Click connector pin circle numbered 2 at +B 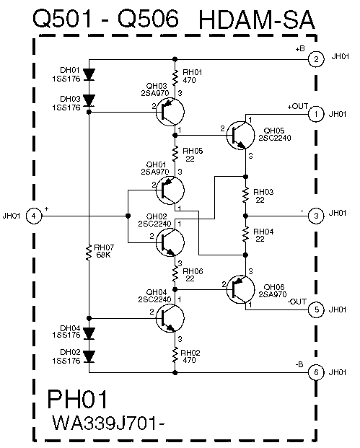click(316, 59)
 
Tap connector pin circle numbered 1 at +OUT click(316, 114)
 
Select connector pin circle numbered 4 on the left click(34, 216)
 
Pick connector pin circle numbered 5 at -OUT click(316, 309)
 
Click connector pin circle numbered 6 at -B click(316, 372)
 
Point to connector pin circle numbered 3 click(316, 215)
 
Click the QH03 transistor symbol click(170, 112)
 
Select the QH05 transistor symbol click(240, 135)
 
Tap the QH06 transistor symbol click(240, 289)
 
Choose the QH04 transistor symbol click(170, 318)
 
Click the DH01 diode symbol click(89, 74)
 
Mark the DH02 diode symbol click(89, 357)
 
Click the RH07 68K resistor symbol click(89, 252)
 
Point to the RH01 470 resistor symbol click(175, 77)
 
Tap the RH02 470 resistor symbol click(175, 356)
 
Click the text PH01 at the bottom click(77, 399)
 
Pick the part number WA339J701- click(108, 423)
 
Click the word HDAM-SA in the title click(257, 20)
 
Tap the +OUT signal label click(297, 106)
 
